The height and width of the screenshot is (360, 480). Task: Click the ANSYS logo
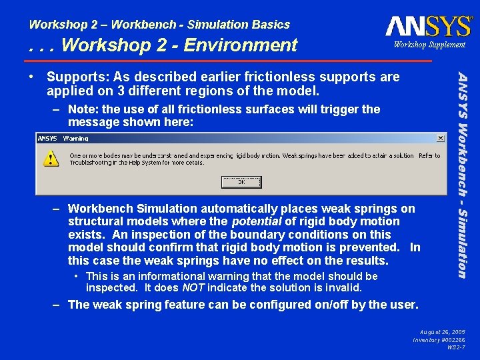[428, 27]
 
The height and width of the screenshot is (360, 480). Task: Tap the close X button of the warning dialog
[441, 138]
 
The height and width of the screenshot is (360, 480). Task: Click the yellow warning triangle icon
[51, 158]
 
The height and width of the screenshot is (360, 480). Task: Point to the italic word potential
[256, 221]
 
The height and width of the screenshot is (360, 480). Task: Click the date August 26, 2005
[443, 331]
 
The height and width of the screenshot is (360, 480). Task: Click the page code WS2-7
[457, 347]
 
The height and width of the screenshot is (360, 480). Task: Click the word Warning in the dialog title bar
[75, 139]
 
